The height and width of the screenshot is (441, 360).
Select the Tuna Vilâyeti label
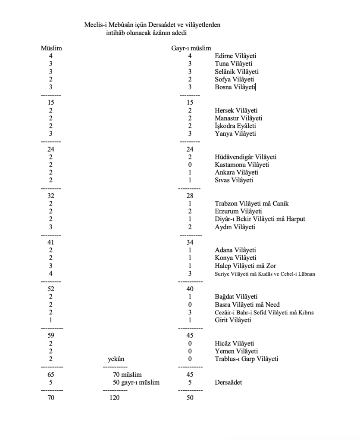coord(234,64)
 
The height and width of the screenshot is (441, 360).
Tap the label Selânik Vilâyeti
coord(237,71)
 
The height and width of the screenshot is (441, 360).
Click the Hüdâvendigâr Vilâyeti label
coord(245,157)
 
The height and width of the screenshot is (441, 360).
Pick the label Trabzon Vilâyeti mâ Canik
coord(251,204)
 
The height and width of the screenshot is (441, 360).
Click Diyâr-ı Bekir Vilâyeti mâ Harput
coord(260,219)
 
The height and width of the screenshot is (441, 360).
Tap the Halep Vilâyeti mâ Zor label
coord(245,266)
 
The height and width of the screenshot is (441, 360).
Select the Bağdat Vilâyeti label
coord(236,297)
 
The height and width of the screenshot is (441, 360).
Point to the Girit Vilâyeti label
coord(233,320)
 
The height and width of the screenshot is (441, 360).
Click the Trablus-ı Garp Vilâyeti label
coord(247,359)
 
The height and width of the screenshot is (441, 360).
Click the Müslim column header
coord(51,48)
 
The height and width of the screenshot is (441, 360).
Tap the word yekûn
coord(116,359)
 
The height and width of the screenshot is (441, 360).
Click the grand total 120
coord(115,398)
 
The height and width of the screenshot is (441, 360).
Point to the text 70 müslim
coord(127,375)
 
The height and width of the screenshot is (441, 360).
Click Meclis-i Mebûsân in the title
coord(107,25)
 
